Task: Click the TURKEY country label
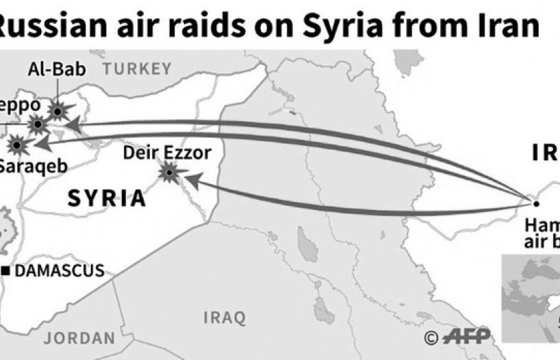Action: click(x=138, y=68)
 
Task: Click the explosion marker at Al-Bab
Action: click(x=59, y=111)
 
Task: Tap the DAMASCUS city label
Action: click(x=60, y=271)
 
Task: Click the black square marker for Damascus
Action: click(x=6, y=271)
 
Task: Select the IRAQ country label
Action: click(x=224, y=318)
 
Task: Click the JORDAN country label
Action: click(x=79, y=338)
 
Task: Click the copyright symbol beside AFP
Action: click(x=431, y=337)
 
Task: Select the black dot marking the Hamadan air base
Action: click(x=536, y=203)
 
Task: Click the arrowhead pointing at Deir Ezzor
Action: click(x=194, y=181)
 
